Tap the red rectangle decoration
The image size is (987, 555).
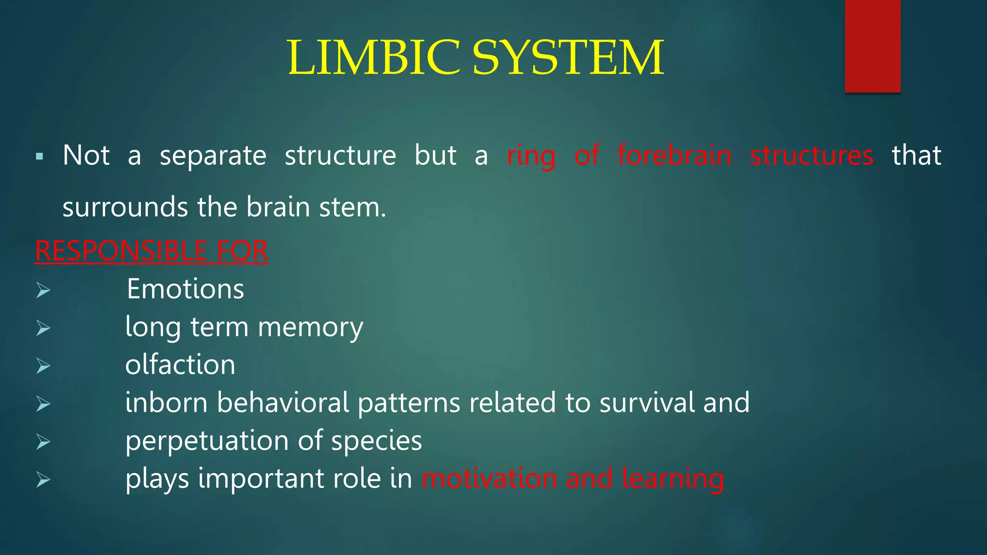click(872, 46)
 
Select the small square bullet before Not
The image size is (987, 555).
click(40, 157)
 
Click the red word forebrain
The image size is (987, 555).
click(674, 156)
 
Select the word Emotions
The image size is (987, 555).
click(185, 289)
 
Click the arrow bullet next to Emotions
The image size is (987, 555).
click(43, 290)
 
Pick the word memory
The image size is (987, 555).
click(310, 328)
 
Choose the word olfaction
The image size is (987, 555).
click(180, 365)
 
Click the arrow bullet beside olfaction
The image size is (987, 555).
click(43, 366)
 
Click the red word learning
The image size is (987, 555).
click(673, 479)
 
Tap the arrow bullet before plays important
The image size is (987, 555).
click(43, 479)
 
